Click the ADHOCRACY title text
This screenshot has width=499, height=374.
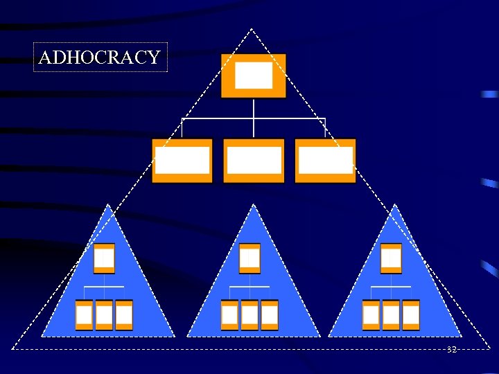click(100, 57)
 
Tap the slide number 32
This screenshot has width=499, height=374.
click(451, 350)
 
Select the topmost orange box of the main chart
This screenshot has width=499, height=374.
click(254, 75)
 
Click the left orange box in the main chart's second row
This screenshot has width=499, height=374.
click(182, 161)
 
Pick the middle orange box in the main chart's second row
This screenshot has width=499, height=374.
click(254, 161)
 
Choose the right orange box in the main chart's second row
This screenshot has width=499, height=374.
click(325, 161)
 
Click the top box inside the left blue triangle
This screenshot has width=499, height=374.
click(104, 259)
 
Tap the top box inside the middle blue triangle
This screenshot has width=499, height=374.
click(249, 259)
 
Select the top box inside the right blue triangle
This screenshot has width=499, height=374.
click(391, 259)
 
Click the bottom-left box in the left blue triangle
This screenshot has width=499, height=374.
click(84, 315)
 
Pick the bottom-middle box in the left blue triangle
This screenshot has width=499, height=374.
click(104, 315)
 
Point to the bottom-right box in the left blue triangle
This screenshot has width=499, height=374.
click(124, 315)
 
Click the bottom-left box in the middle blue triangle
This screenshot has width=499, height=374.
click(229, 315)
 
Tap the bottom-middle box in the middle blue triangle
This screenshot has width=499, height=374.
click(249, 315)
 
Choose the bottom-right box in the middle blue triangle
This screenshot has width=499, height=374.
click(270, 315)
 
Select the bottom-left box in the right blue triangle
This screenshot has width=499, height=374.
click(371, 315)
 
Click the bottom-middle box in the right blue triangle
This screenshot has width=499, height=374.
click(391, 315)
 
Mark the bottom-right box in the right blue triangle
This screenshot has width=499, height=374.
click(411, 315)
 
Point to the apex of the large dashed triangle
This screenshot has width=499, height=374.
click(252, 29)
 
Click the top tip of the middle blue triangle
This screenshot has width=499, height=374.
click(254, 205)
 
